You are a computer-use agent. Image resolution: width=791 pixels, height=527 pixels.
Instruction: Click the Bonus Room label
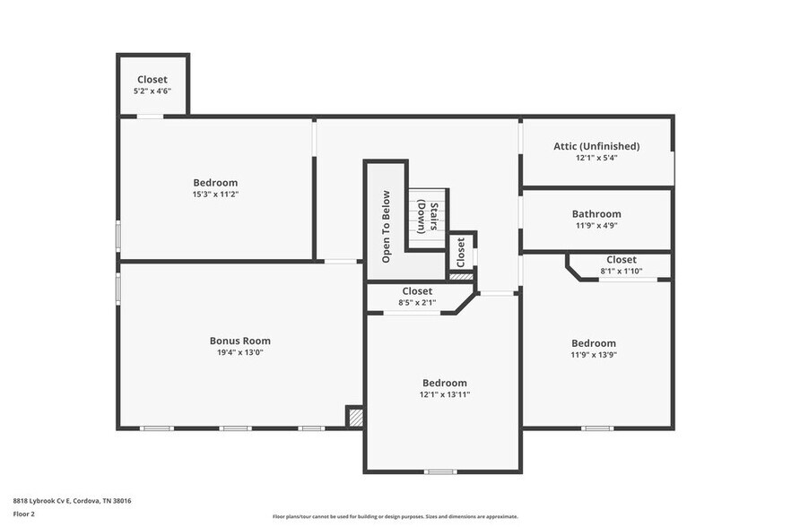[x=239, y=341]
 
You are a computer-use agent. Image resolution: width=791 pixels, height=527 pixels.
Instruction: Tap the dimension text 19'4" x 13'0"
[x=239, y=352]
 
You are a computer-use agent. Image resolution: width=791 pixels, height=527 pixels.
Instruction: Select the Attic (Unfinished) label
[x=596, y=146]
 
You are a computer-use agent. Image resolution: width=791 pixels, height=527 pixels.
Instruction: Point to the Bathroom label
[x=596, y=214]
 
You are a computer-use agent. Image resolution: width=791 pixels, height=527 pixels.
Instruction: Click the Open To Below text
[x=387, y=226]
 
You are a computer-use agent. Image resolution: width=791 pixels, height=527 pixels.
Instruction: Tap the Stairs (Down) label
[x=427, y=216]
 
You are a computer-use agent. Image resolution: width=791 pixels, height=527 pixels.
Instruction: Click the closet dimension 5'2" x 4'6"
[x=152, y=91]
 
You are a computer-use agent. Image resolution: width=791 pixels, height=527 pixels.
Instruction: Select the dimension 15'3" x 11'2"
[x=215, y=194]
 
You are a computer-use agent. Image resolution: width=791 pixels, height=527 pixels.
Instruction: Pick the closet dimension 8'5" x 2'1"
[x=417, y=303]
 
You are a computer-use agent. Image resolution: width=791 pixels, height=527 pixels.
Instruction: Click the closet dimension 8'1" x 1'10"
[x=621, y=271]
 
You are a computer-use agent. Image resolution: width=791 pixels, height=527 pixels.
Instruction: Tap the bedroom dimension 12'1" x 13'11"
[x=444, y=394]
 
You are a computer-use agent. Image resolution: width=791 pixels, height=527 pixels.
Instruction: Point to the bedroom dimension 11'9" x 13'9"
[x=594, y=355]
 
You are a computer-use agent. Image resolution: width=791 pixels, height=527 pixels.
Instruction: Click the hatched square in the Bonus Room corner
[x=355, y=417]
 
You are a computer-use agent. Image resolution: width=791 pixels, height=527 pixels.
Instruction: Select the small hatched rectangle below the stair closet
[x=461, y=277]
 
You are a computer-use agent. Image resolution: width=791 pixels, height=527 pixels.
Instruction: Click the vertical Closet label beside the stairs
[x=461, y=252]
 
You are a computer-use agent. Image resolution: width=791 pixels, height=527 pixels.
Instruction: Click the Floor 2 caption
[x=23, y=514]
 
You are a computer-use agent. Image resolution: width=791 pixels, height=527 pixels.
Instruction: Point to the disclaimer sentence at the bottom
[x=395, y=516]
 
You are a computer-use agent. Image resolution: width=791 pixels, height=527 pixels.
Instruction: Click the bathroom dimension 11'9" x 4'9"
[x=596, y=226]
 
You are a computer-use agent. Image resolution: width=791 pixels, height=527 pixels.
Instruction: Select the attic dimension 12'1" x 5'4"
[x=596, y=158]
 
